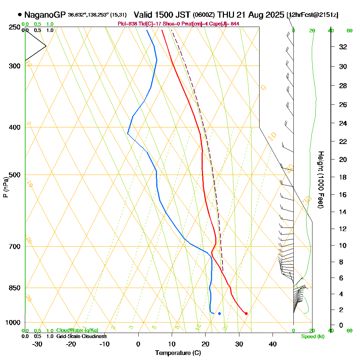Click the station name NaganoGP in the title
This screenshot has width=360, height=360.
pos(45,15)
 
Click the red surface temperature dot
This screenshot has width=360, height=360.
pos(246,314)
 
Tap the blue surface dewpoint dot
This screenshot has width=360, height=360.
pos(219,314)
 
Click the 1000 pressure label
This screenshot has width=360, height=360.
pos(13,323)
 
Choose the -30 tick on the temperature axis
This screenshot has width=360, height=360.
pos(37,344)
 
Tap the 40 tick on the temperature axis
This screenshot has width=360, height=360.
pos(273,344)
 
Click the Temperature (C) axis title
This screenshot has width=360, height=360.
pos(178,353)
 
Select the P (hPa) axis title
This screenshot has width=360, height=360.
pos(5,187)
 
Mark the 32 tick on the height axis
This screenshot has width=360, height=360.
pos(343,47)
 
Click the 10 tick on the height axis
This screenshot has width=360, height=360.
pos(343,246)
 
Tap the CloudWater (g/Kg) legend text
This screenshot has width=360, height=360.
pos(77,330)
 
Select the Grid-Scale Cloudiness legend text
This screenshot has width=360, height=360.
pos(81,336)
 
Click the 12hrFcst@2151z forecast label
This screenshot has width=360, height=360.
pos(312,15)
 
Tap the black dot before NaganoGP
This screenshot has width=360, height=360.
pos(19,15)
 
